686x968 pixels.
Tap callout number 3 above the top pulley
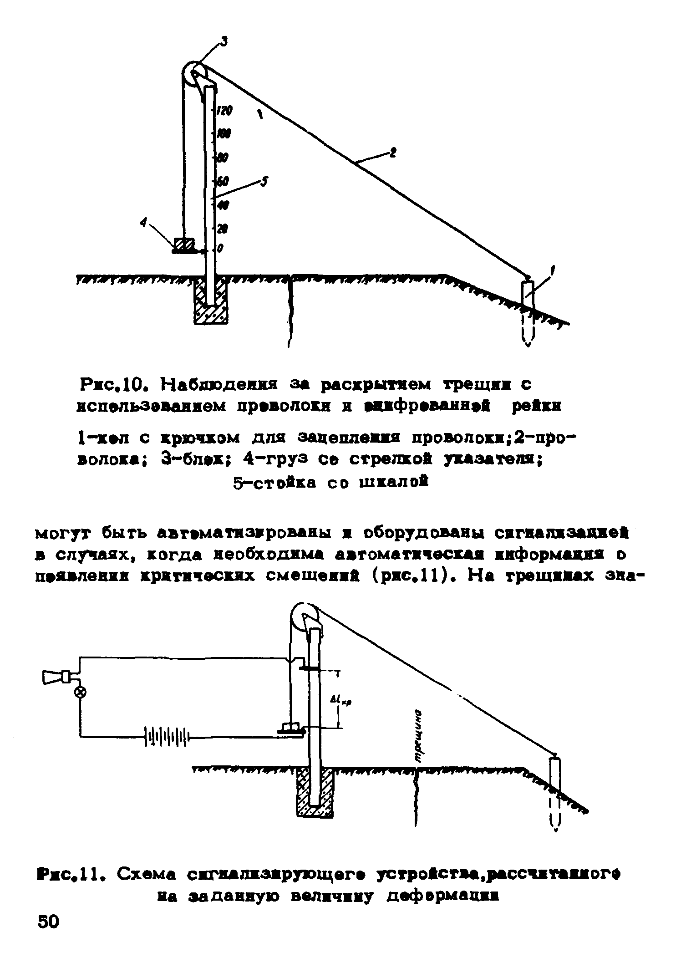pos(224,42)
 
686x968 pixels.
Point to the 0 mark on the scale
pos(220,249)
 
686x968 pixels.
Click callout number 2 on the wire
pos(392,153)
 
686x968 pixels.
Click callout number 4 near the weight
pos(144,223)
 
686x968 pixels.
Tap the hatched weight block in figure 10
pos(184,245)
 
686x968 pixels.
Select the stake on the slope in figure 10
pos(528,296)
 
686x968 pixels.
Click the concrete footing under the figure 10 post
pos(210,303)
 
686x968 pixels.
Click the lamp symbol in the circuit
pos(81,693)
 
